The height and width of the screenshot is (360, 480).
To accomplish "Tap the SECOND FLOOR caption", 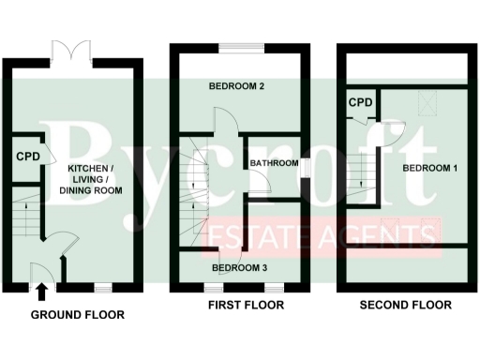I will point(407,306).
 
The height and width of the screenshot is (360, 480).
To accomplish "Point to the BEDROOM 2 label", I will point(235,86).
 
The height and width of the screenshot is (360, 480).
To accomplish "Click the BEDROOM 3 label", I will point(239,268).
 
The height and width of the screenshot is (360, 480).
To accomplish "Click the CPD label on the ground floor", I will point(27,157).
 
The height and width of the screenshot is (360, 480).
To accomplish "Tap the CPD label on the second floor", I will point(361,102).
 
